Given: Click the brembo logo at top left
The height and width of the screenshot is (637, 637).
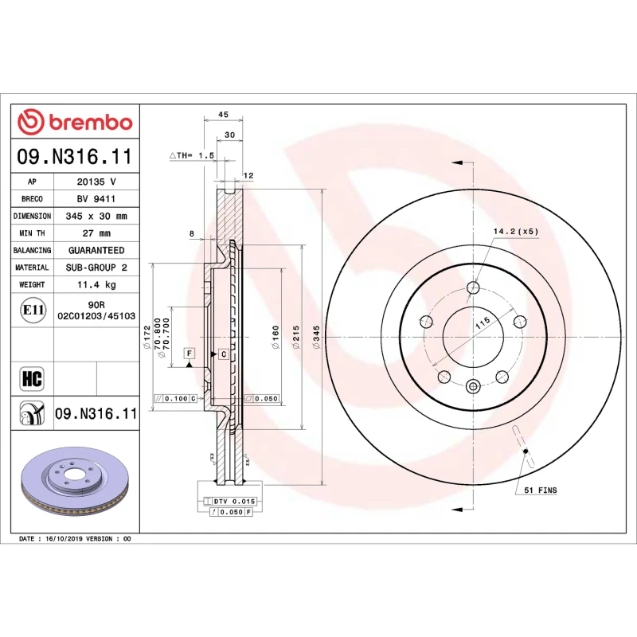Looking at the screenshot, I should click(75, 122).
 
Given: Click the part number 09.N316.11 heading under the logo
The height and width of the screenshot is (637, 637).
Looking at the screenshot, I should click(75, 157).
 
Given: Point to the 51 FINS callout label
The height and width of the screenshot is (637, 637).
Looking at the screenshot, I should click(540, 490).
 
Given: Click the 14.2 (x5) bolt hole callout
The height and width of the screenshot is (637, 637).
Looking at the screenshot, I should click(516, 231).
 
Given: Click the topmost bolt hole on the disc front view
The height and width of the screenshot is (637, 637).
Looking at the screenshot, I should click(473, 287).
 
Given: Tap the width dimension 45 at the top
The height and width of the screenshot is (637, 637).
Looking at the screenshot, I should click(223, 114).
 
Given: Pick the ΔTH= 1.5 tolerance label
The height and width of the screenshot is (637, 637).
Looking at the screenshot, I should click(193, 156).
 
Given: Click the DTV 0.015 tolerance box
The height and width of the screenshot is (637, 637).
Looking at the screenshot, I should click(233, 501).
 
